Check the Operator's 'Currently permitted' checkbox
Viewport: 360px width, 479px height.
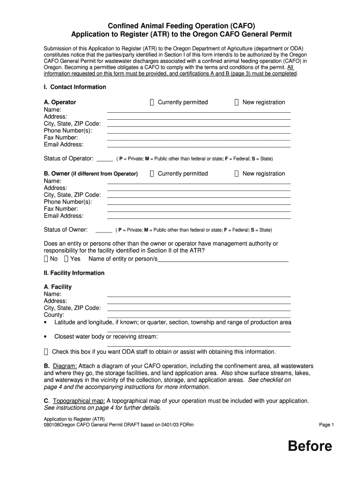click(152, 102)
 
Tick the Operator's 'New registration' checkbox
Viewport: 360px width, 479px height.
click(237, 102)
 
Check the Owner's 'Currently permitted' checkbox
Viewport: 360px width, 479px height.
click(152, 174)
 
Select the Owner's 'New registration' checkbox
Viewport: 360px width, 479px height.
click(237, 174)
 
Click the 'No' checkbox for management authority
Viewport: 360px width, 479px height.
click(46, 259)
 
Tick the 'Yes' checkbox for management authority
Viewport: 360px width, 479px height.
click(66, 259)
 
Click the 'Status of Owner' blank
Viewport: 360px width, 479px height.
click(104, 230)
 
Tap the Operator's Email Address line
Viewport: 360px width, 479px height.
click(199, 145)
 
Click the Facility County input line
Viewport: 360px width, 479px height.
click(199, 315)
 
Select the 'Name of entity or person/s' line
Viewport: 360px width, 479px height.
click(223, 260)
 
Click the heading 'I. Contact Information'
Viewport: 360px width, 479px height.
click(75, 87)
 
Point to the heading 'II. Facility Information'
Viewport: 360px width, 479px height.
click(74, 273)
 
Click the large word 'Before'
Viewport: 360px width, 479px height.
click(310, 446)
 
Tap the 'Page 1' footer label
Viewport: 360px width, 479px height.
click(326, 425)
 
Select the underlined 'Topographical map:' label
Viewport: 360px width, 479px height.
click(79, 401)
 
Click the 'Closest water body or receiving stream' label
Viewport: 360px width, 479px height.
click(106, 336)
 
